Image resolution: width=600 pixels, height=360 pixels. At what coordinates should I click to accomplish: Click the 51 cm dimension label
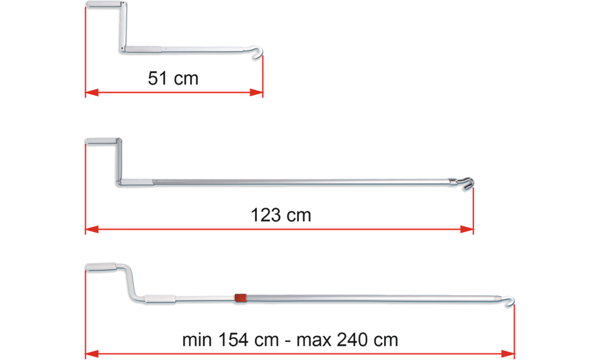tap(173, 78)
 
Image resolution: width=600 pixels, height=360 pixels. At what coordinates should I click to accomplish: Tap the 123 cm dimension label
tap(281, 215)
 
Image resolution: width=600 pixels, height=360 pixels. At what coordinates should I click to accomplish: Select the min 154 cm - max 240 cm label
tap(290, 340)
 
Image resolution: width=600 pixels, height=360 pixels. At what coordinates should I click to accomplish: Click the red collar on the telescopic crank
tap(240, 297)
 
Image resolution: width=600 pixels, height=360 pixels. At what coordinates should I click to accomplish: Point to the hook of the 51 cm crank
tap(257, 53)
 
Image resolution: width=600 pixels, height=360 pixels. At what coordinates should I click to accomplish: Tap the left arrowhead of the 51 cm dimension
tap(91, 92)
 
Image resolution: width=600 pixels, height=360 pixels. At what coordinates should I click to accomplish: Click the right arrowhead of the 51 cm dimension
tap(256, 92)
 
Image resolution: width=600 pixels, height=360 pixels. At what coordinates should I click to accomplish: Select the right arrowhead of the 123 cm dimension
tap(466, 229)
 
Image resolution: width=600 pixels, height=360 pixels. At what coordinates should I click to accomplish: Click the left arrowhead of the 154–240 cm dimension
tap(92, 353)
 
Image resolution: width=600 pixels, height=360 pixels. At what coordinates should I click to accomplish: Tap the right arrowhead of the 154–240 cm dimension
tap(505, 353)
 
